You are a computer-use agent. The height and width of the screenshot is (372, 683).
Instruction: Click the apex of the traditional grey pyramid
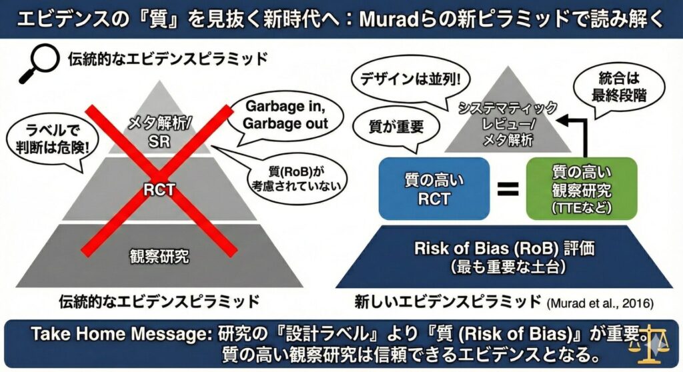click(159, 81)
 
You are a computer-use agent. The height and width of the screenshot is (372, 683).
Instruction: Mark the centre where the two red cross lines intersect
click(159, 179)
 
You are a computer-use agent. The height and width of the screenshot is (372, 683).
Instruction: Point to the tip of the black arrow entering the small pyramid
click(558, 121)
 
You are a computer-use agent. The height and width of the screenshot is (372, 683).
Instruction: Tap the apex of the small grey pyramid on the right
click(508, 67)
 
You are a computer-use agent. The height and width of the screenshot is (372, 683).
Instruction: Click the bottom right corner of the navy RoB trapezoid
click(673, 287)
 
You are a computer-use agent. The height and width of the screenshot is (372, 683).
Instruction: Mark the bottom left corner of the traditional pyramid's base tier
click(16, 287)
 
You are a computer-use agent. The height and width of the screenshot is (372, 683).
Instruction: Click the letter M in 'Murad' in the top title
click(370, 20)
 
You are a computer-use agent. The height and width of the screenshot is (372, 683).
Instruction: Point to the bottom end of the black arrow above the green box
click(584, 157)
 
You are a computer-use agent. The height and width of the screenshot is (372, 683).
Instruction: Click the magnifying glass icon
click(39, 63)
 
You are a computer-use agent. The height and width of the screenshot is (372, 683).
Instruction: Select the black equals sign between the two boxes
click(508, 189)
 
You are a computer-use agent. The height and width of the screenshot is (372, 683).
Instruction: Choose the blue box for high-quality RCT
click(434, 189)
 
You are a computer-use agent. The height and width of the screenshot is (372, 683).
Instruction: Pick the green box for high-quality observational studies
click(582, 189)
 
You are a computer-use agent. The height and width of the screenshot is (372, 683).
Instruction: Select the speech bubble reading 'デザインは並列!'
click(410, 81)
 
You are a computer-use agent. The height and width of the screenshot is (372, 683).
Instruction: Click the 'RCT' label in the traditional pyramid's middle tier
click(159, 189)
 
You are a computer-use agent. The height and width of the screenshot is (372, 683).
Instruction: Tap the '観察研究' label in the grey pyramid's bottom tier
click(159, 256)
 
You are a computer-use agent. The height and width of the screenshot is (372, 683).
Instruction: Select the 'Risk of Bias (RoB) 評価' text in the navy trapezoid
click(504, 248)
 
